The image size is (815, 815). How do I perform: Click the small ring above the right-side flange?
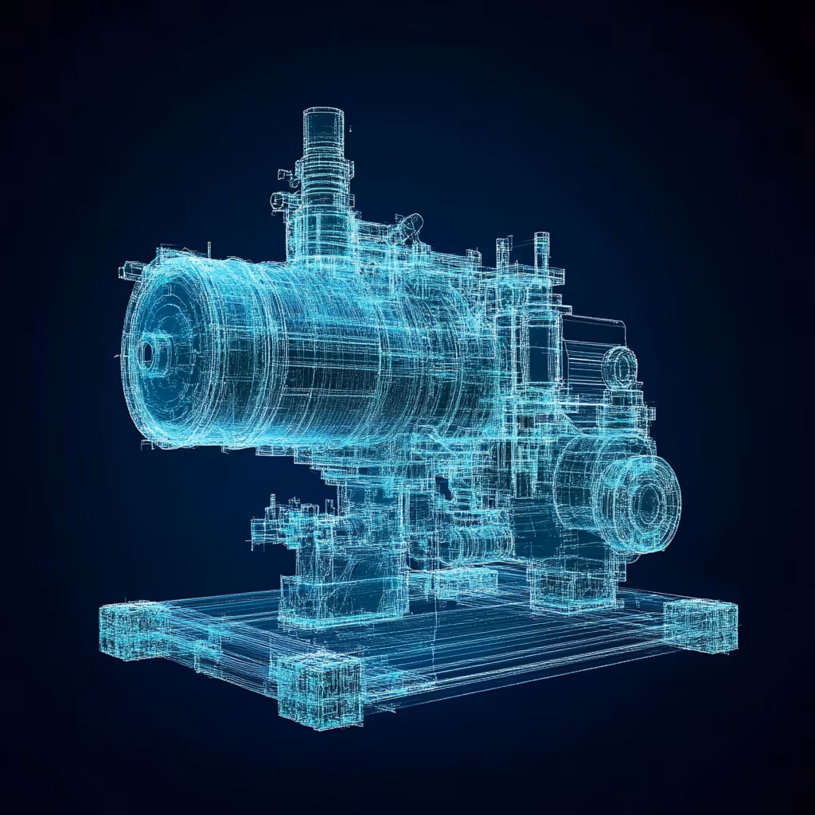[618, 367]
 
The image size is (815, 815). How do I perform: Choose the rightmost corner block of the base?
[700, 625]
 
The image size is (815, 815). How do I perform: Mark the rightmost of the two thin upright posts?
[542, 251]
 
